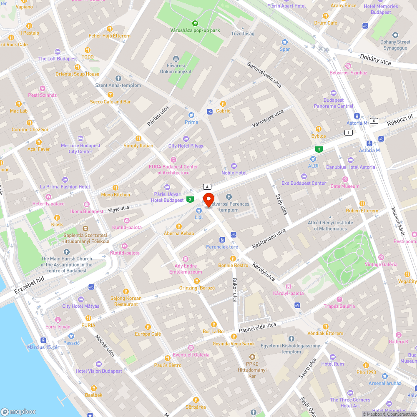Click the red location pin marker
(208, 199)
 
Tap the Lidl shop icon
(199, 211)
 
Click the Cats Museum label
(344, 186)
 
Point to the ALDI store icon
(313, 159)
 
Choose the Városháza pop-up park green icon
(195, 23)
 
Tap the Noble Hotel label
(234, 173)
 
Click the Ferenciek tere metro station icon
(222, 240)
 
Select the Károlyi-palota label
(289, 293)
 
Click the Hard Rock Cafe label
(13, 45)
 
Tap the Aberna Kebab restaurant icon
(179, 226)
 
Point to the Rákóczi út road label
(399, 121)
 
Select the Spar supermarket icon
(285, 42)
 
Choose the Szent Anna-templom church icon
(118, 78)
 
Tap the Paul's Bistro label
(168, 365)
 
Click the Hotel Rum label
(332, 364)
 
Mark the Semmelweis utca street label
(264, 75)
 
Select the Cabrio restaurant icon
(223, 104)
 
